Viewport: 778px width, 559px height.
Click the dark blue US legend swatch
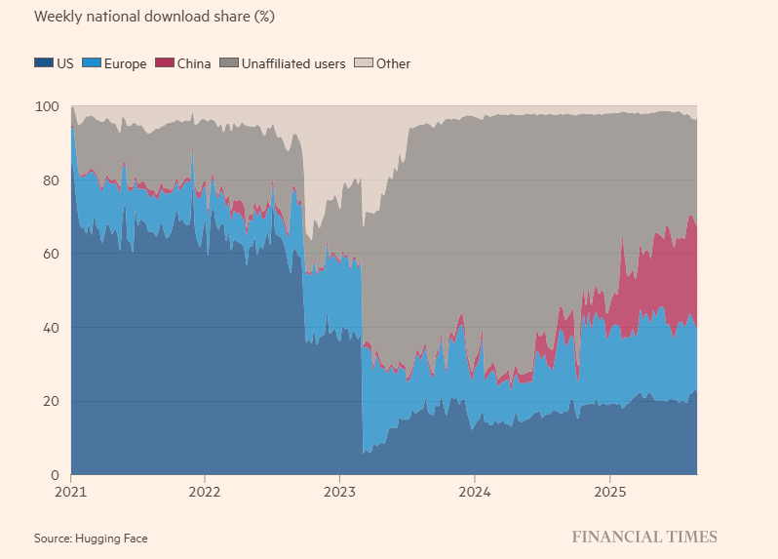pyautogui.click(x=44, y=63)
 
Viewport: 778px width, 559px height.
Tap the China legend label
pyautogui.click(x=193, y=63)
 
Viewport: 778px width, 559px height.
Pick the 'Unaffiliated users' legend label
pyautogui.click(x=294, y=63)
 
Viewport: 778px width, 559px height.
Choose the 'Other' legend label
pyautogui.click(x=393, y=63)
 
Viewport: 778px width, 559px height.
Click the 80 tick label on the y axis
pyautogui.click(x=56, y=180)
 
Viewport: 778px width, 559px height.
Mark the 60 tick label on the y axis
pyautogui.click(x=56, y=254)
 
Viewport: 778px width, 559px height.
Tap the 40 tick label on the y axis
pyautogui.click(x=56, y=328)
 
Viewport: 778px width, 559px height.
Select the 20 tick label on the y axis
pyautogui.click(x=56, y=401)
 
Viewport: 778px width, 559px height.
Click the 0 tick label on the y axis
pyautogui.click(x=58, y=475)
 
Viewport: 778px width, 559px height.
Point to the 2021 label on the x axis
pyautogui.click(x=71, y=491)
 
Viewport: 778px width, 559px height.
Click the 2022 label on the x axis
pyautogui.click(x=205, y=491)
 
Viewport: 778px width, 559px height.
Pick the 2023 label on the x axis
pyautogui.click(x=339, y=491)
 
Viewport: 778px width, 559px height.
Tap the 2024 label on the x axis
pyautogui.click(x=474, y=491)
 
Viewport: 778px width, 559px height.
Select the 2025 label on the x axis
pyautogui.click(x=609, y=491)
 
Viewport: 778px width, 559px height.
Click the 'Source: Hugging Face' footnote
pyautogui.click(x=91, y=538)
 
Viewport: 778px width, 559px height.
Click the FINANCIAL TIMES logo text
pyautogui.click(x=643, y=537)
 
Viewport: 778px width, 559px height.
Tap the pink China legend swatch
pyautogui.click(x=167, y=63)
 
